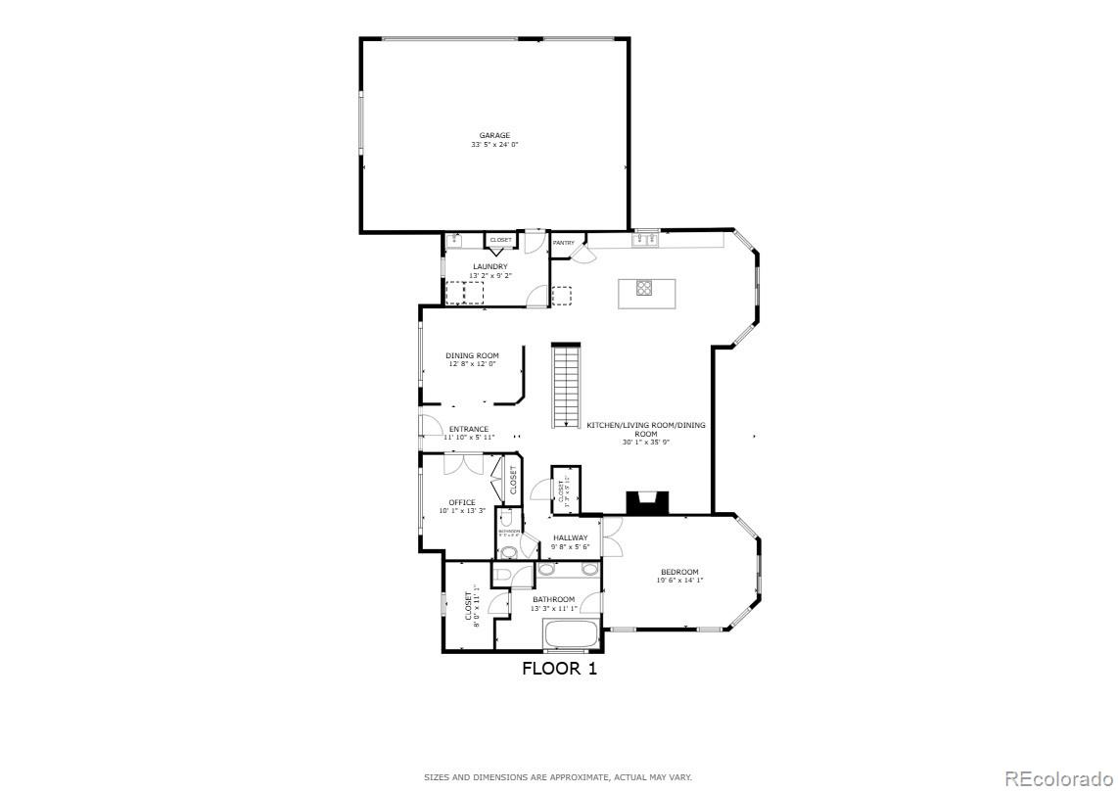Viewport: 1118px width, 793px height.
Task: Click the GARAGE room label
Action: pos(494,135)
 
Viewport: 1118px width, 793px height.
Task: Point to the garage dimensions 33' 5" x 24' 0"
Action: pos(494,145)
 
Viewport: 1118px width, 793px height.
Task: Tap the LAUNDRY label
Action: pos(490,266)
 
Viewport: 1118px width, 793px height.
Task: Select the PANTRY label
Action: pos(564,243)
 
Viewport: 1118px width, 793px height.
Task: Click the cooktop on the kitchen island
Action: pos(645,287)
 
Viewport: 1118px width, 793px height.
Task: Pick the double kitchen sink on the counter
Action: pos(646,239)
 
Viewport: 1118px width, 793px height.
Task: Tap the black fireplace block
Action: pos(647,503)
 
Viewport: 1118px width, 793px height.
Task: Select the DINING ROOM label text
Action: pos(473,355)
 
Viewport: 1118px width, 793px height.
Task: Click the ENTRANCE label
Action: pos(469,429)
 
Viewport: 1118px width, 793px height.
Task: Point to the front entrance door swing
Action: pos(430,425)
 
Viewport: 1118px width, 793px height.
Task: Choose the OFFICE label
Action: pos(462,502)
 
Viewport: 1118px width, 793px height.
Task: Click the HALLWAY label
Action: pos(571,537)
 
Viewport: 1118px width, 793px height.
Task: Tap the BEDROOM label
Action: pos(679,572)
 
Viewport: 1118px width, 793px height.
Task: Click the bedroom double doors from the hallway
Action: pos(610,536)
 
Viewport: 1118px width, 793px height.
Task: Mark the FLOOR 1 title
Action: pos(559,669)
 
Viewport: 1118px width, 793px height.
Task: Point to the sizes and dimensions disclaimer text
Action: pos(558,777)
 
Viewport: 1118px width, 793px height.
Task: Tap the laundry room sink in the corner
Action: pos(454,241)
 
